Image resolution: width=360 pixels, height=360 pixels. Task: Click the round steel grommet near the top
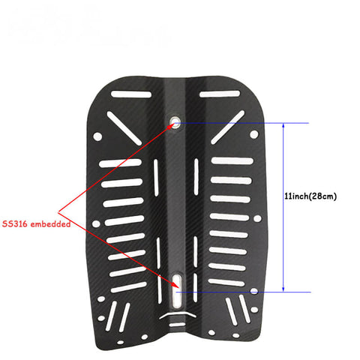coord(175,122)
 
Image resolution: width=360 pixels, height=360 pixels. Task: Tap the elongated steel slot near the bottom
coord(177,292)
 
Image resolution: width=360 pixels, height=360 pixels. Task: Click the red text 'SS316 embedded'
coord(37,223)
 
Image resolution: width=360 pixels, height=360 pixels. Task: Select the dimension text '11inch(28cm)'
coord(310,196)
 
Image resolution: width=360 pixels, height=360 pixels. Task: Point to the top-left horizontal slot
coord(131,94)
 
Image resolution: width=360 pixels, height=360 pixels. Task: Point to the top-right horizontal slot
coord(220,94)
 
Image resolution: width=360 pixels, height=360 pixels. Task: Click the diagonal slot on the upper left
coord(124,128)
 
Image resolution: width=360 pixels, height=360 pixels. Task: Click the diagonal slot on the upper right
coord(228,127)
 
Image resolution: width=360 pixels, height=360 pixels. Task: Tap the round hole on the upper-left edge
coord(97,136)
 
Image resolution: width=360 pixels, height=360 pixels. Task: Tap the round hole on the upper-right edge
coord(254,134)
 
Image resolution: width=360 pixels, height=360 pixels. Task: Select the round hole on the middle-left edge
coord(96,223)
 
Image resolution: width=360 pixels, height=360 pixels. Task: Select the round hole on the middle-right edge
coord(257,219)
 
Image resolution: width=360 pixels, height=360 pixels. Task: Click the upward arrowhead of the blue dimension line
coord(283,125)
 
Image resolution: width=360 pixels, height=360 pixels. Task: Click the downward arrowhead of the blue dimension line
coord(283,289)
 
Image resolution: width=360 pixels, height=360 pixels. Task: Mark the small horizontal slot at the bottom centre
coord(177,325)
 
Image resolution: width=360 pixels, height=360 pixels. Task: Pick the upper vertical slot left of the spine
coord(156,178)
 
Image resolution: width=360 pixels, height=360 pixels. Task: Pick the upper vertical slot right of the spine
coord(196,177)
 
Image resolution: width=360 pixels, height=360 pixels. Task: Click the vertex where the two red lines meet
coord(58,212)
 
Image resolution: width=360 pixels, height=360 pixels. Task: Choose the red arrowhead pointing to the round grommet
coord(171,126)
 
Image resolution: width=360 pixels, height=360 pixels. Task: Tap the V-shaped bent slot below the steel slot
coord(178,313)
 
